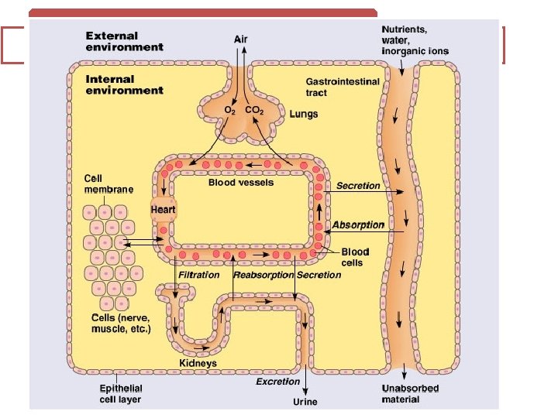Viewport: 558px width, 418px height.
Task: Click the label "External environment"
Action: pyautogui.click(x=124, y=41)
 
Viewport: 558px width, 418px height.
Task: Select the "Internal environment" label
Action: pyautogui.click(x=124, y=84)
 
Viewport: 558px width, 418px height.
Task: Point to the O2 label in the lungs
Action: pyautogui.click(x=230, y=111)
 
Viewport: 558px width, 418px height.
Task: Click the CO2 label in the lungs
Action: pyautogui.click(x=255, y=111)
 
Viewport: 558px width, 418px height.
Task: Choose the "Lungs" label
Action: pyautogui.click(x=303, y=114)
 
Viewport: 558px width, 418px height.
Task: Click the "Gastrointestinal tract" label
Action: pyautogui.click(x=343, y=87)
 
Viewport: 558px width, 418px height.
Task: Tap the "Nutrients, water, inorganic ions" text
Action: pyautogui.click(x=414, y=40)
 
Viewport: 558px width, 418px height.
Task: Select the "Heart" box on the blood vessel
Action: pyautogui.click(x=164, y=209)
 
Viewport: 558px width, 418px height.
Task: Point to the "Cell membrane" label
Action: pyautogui.click(x=108, y=183)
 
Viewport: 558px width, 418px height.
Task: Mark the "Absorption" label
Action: pyautogui.click(x=358, y=225)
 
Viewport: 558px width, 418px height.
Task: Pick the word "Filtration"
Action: pyautogui.click(x=199, y=275)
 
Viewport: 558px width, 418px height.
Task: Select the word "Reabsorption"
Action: pyautogui.click(x=263, y=275)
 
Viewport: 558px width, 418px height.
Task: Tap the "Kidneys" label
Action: pyautogui.click(x=198, y=363)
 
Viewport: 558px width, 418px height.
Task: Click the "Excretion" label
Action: pyautogui.click(x=277, y=382)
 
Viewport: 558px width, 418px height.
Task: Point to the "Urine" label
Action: pyautogui.click(x=305, y=402)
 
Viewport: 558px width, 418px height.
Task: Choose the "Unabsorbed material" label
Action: pyautogui.click(x=411, y=394)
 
